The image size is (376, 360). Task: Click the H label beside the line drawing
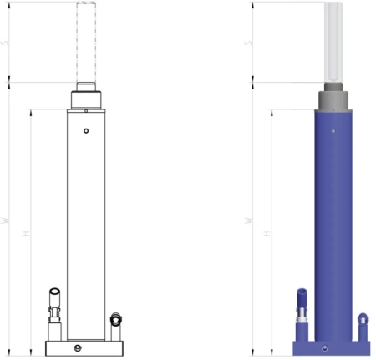pyautogui.click(x=27, y=233)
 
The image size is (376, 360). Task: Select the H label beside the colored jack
pyautogui.click(x=267, y=233)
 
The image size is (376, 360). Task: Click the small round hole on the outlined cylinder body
pyautogui.click(x=87, y=131)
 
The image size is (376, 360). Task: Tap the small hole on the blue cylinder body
pyautogui.click(x=333, y=131)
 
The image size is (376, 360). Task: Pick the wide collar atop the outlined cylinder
pyautogui.click(x=87, y=100)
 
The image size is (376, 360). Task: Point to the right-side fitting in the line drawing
pyautogui.click(x=115, y=319)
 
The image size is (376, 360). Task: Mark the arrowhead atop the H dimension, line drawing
pyautogui.click(x=30, y=111)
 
